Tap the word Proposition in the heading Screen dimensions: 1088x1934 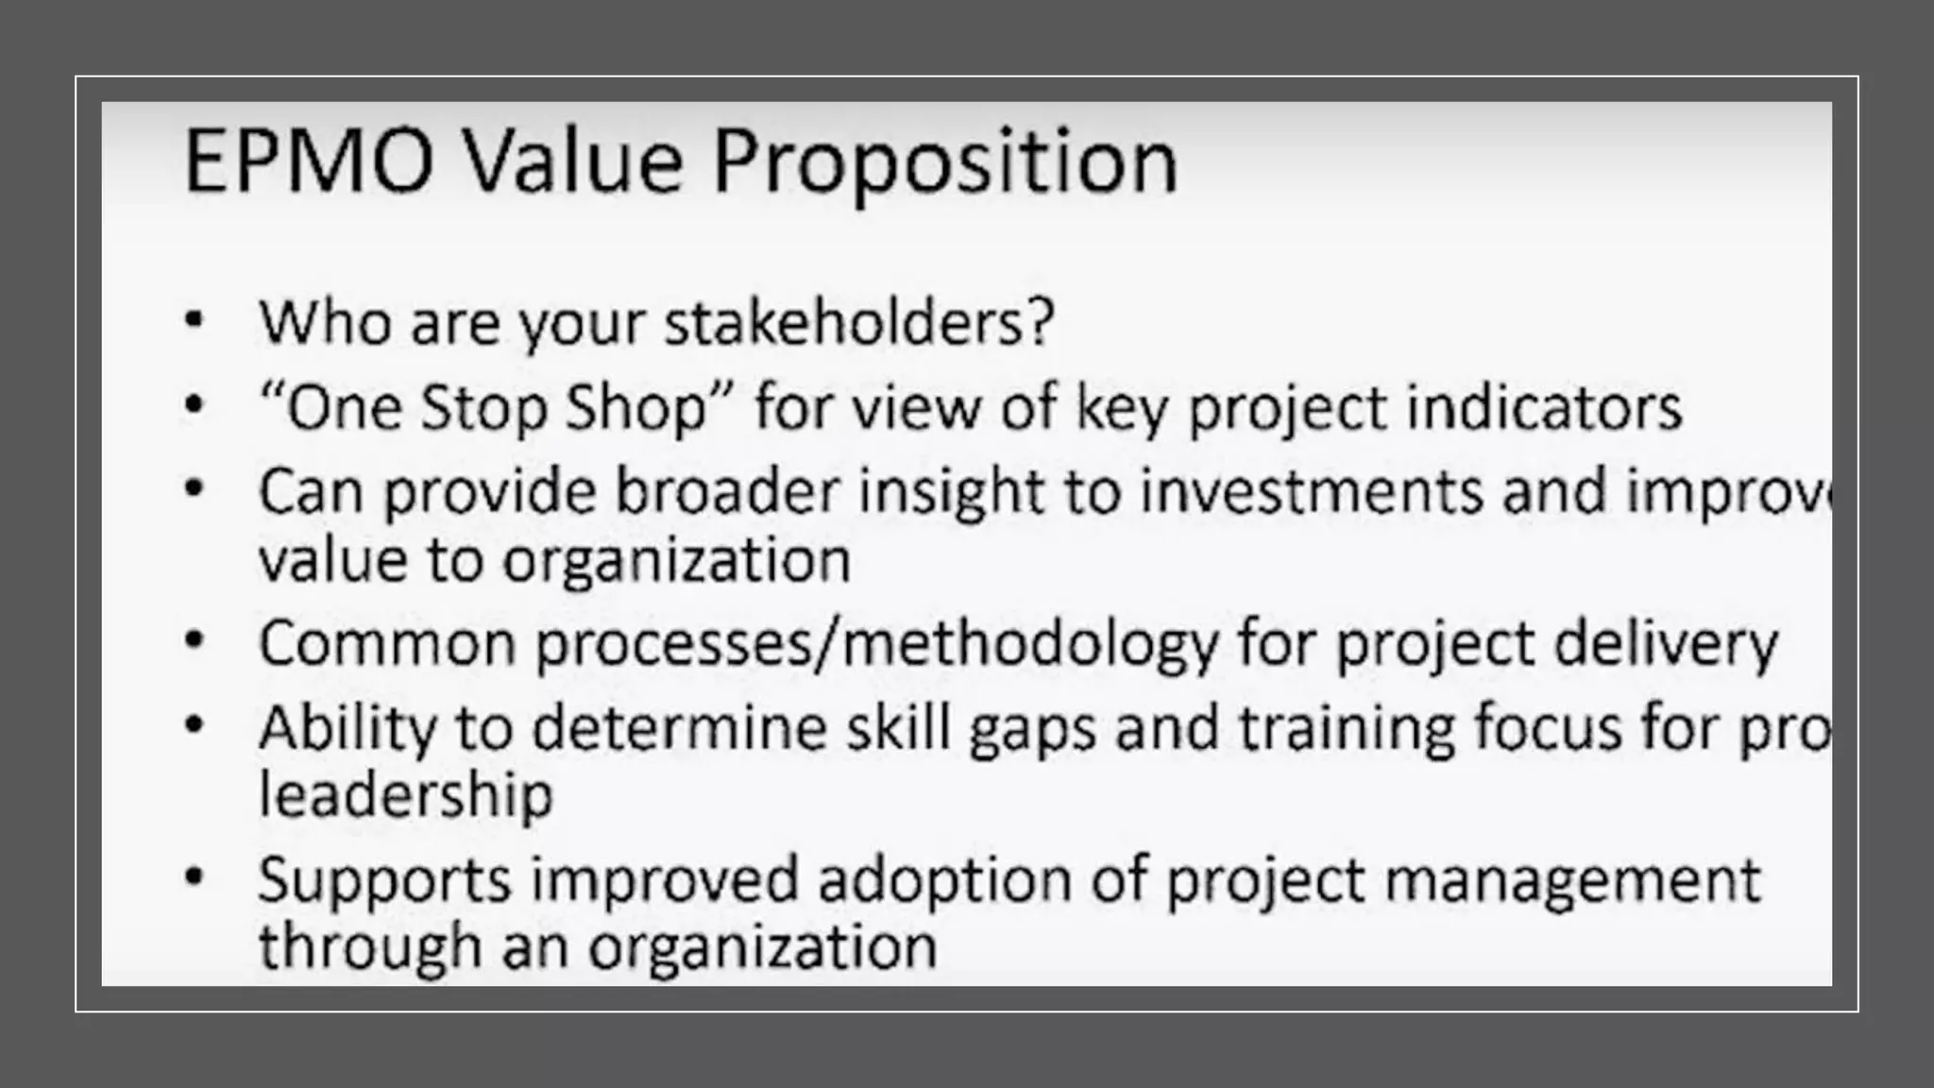tap(945, 162)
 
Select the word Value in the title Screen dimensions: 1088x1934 tap(574, 162)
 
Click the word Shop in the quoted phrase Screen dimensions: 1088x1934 tap(635, 408)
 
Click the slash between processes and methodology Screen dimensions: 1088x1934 tap(825, 644)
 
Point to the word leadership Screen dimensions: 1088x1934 tap(406, 795)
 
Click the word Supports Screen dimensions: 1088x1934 tap(385, 880)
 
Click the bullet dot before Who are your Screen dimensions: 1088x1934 tap(195, 321)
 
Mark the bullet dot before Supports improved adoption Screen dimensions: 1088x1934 tap(195, 876)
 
